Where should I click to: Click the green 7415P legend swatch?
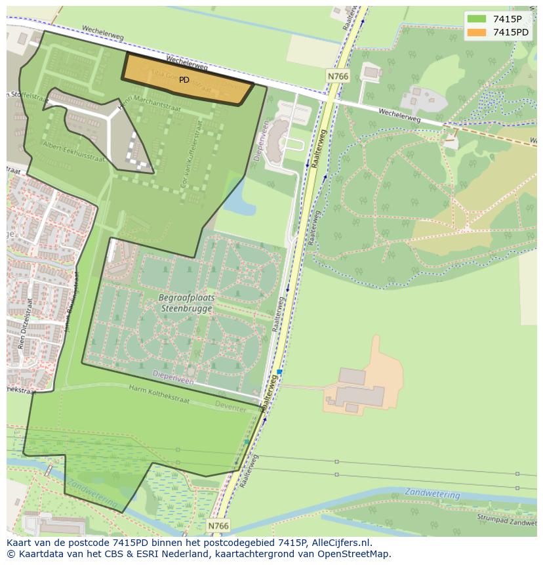[x=477, y=18]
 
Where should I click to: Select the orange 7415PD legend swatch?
[x=477, y=32]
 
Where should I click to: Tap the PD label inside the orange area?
[x=184, y=80]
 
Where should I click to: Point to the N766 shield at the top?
[x=337, y=77]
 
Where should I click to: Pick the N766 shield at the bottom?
[x=218, y=526]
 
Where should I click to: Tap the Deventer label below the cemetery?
[x=230, y=408]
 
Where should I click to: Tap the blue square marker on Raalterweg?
[x=279, y=372]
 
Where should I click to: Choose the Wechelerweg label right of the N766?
[x=399, y=114]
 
